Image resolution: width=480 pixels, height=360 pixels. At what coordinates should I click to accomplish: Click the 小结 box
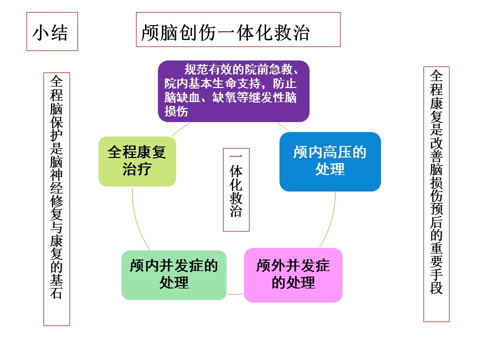52,32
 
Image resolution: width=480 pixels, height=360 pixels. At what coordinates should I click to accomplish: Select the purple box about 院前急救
233,91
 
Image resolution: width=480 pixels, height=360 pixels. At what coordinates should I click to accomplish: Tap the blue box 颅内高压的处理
330,161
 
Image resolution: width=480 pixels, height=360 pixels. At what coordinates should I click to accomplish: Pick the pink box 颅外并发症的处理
293,274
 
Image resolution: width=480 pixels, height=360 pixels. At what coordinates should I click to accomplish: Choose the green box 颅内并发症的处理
174,274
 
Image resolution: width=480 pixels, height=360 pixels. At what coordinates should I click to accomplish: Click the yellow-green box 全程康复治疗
137,161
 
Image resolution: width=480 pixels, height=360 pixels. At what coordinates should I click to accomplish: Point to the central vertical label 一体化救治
236,189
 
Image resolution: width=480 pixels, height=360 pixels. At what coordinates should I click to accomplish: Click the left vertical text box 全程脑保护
57,198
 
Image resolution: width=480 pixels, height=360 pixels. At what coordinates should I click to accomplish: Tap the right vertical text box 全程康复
436,194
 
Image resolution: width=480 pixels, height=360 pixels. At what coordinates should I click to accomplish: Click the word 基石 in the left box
57,285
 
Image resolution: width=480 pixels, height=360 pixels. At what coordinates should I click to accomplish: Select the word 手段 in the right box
436,281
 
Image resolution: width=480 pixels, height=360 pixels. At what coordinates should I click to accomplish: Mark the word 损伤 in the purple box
176,111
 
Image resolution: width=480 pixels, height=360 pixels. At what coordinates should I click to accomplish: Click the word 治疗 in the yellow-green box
137,169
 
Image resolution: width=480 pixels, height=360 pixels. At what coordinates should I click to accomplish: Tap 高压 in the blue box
337,152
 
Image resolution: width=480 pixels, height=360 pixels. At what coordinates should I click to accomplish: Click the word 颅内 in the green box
144,266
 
